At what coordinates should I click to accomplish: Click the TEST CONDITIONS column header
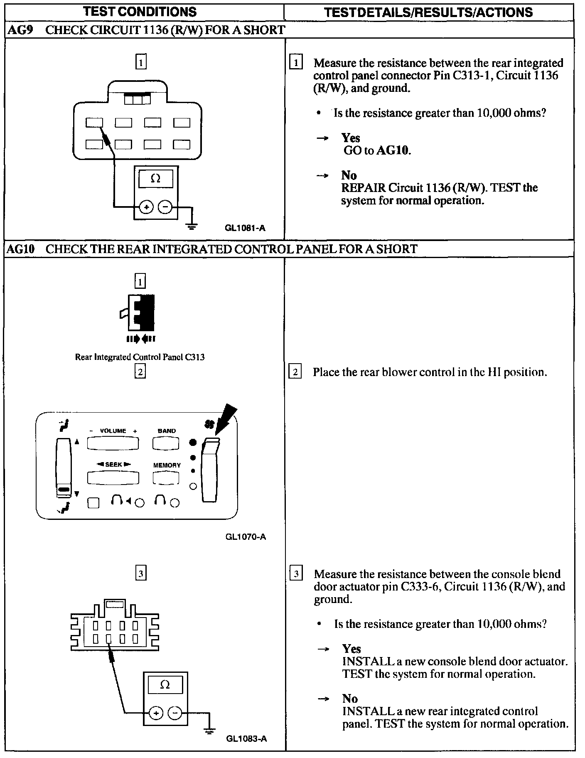click(x=140, y=12)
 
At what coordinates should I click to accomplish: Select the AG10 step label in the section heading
click(x=20, y=249)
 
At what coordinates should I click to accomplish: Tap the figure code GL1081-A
click(x=245, y=228)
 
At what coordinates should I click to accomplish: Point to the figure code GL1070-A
click(x=246, y=537)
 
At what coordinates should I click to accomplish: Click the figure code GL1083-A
click(x=246, y=738)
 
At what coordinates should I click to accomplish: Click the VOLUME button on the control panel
click(x=113, y=444)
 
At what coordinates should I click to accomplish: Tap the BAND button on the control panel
click(x=166, y=444)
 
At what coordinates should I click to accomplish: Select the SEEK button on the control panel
click(x=113, y=478)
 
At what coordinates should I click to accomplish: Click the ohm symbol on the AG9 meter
click(x=156, y=179)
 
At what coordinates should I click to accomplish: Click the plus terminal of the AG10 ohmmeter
click(x=156, y=714)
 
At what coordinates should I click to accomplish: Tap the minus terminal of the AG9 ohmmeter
click(x=165, y=207)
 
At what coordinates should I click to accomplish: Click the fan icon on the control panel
click(x=209, y=424)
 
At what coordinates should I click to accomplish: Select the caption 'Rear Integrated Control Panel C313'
click(x=140, y=357)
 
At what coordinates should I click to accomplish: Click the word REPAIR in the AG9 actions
click(x=363, y=188)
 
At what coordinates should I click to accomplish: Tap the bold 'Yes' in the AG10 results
click(x=351, y=649)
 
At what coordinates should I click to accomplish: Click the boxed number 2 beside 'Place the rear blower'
click(x=295, y=372)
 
